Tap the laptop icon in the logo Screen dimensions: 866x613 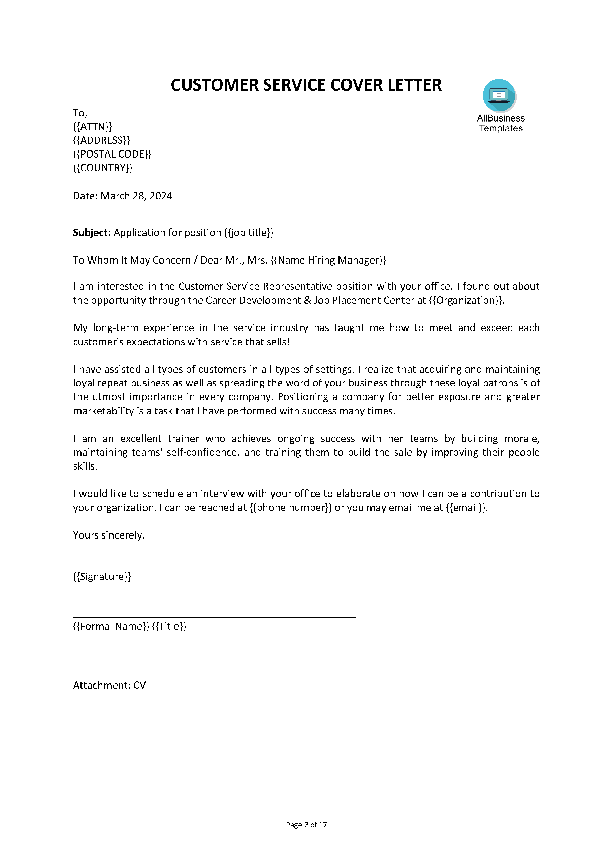click(498, 95)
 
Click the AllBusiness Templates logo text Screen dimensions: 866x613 click(501, 123)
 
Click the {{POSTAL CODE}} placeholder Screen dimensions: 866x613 click(112, 154)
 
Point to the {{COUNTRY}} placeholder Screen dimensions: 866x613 click(103, 168)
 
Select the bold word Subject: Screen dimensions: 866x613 click(92, 232)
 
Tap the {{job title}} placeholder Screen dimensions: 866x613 click(249, 232)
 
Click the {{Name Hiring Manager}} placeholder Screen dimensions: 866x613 click(328, 260)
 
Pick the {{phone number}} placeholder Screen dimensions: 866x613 click(290, 508)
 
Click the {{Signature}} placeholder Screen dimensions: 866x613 click(102, 576)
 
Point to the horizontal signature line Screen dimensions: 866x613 click(214, 617)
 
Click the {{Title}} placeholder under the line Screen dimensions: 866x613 click(169, 626)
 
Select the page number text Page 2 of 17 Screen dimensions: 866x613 click(306, 825)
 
